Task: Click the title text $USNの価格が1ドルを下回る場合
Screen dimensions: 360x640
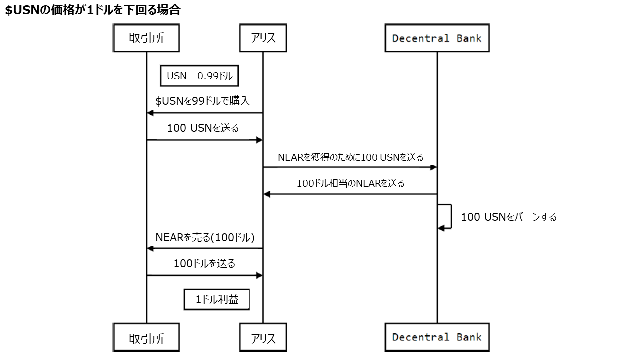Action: click(93, 10)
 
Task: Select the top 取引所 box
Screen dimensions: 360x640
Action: click(146, 38)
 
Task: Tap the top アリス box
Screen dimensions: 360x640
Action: click(263, 38)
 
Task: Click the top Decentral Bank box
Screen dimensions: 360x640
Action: click(437, 38)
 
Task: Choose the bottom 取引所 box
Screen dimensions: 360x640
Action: click(146, 338)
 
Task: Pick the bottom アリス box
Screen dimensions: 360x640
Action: click(263, 338)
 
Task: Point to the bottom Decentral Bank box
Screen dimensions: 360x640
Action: click(437, 337)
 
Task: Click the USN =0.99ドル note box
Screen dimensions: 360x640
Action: click(200, 76)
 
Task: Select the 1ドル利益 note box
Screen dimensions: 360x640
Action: click(217, 300)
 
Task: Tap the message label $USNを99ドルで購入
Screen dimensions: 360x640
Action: click(203, 101)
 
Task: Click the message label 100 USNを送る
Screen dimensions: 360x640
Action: click(203, 128)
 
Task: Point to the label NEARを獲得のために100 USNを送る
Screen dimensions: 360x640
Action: click(350, 157)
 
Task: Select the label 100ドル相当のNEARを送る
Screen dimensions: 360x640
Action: click(350, 183)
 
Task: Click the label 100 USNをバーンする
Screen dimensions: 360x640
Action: click(508, 217)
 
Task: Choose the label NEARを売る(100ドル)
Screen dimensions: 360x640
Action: click(205, 237)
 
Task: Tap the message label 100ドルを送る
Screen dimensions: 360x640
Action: click(204, 263)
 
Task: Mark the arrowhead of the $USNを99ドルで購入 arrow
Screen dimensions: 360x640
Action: click(150, 113)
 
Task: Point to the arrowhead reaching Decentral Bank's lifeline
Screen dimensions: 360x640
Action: click(434, 167)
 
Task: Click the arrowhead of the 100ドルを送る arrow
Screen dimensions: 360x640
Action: click(259, 275)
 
